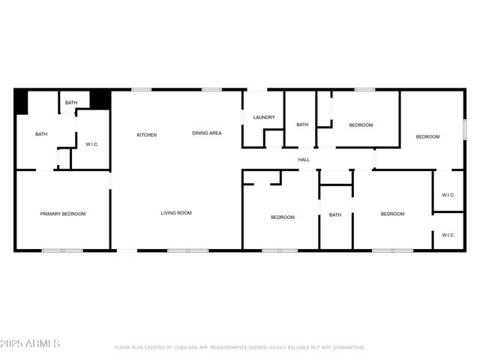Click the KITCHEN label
click(146, 135)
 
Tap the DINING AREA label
click(206, 133)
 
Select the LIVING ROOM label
click(176, 213)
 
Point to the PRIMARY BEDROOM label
click(63, 214)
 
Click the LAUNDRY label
click(264, 117)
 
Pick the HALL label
click(304, 160)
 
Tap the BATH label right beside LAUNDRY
click(302, 124)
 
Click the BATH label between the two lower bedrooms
click(335, 215)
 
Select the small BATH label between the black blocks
click(71, 103)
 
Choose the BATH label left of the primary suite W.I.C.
click(41, 134)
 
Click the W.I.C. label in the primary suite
click(92, 144)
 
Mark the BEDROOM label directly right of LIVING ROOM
click(283, 217)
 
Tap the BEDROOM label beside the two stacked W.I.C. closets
click(392, 214)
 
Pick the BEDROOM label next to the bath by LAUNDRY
click(361, 125)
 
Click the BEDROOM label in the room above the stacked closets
click(427, 136)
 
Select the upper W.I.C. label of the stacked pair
click(448, 196)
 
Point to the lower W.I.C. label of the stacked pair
click(448, 235)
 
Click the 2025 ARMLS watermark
click(30, 343)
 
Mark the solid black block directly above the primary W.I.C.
click(100, 99)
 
